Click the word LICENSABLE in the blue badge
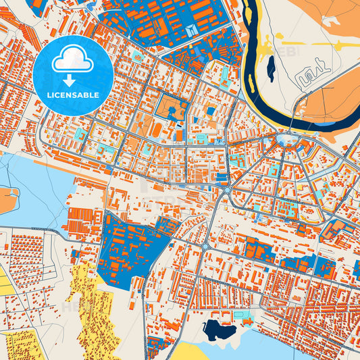coord(73,95)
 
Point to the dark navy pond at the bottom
coord(218,330)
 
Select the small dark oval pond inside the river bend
coord(271,68)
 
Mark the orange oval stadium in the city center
coord(157,128)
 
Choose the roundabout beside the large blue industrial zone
coord(204,247)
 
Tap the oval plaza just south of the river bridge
coord(288,140)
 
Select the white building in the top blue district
coord(193,30)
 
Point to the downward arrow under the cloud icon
coord(73,80)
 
